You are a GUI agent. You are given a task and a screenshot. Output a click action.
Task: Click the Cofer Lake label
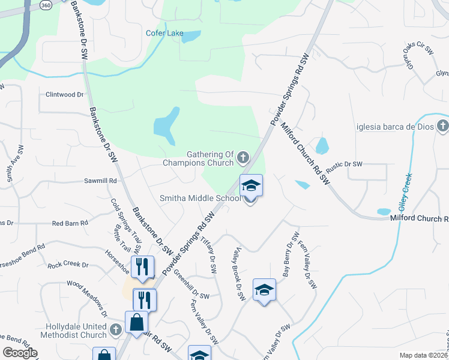(164, 33)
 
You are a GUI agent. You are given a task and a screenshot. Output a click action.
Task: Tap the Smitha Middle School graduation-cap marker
(252, 187)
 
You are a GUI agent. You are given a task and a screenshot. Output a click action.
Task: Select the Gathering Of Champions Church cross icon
(243, 158)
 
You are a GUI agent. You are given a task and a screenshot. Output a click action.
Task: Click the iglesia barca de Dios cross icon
(443, 126)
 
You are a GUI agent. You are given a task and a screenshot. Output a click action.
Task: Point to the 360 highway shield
(46, 4)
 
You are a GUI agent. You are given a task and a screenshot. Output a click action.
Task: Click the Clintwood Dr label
(65, 95)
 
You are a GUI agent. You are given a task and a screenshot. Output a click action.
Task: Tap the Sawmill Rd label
(100, 181)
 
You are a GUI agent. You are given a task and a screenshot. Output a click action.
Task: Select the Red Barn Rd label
(70, 223)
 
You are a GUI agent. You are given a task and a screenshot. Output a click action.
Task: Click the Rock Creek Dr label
(68, 265)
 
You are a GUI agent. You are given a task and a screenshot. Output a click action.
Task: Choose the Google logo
(20, 353)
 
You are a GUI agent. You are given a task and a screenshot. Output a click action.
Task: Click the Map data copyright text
(424, 355)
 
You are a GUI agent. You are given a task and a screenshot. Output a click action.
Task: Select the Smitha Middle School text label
(200, 199)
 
